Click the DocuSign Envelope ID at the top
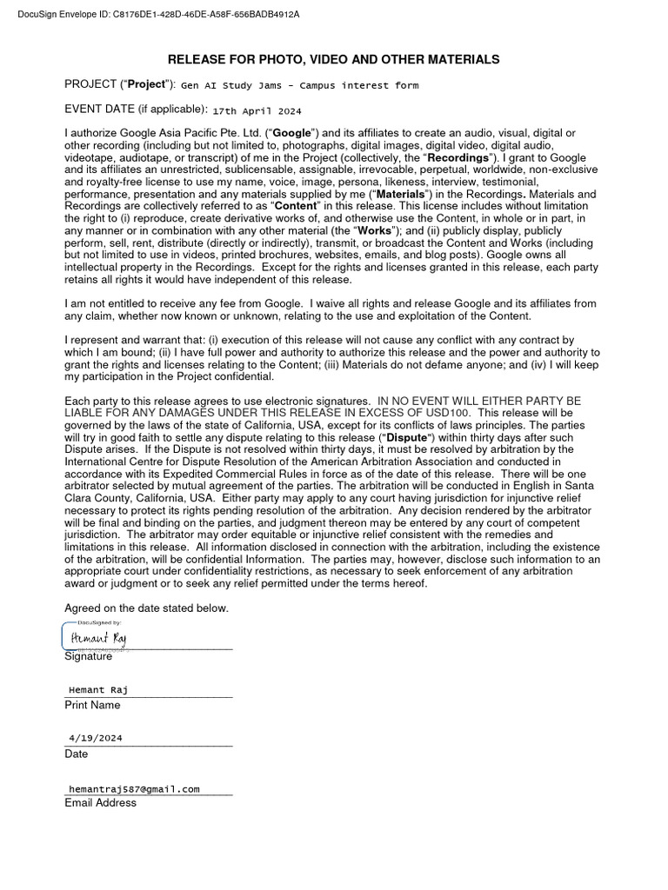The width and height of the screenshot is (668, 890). [152, 15]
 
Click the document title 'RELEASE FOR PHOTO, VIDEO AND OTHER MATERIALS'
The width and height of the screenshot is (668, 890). [333, 59]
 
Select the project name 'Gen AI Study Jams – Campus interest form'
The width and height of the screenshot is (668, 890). [299, 85]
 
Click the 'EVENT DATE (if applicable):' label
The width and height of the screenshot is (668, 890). [136, 110]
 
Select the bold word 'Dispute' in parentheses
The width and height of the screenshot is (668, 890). [406, 437]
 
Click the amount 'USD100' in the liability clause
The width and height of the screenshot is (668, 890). [449, 413]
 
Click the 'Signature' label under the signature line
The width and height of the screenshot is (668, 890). [88, 656]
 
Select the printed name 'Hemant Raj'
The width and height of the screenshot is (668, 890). [98, 690]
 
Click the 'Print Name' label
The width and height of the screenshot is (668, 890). [92, 705]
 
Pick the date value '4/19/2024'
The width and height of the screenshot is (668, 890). [96, 738]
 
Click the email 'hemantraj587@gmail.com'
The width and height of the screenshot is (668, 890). [134, 788]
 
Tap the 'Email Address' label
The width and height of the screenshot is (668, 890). [100, 803]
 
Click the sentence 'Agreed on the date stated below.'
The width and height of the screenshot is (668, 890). [146, 608]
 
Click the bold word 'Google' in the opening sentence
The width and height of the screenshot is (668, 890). [298, 133]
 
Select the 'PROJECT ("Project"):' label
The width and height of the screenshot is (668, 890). [120, 84]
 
